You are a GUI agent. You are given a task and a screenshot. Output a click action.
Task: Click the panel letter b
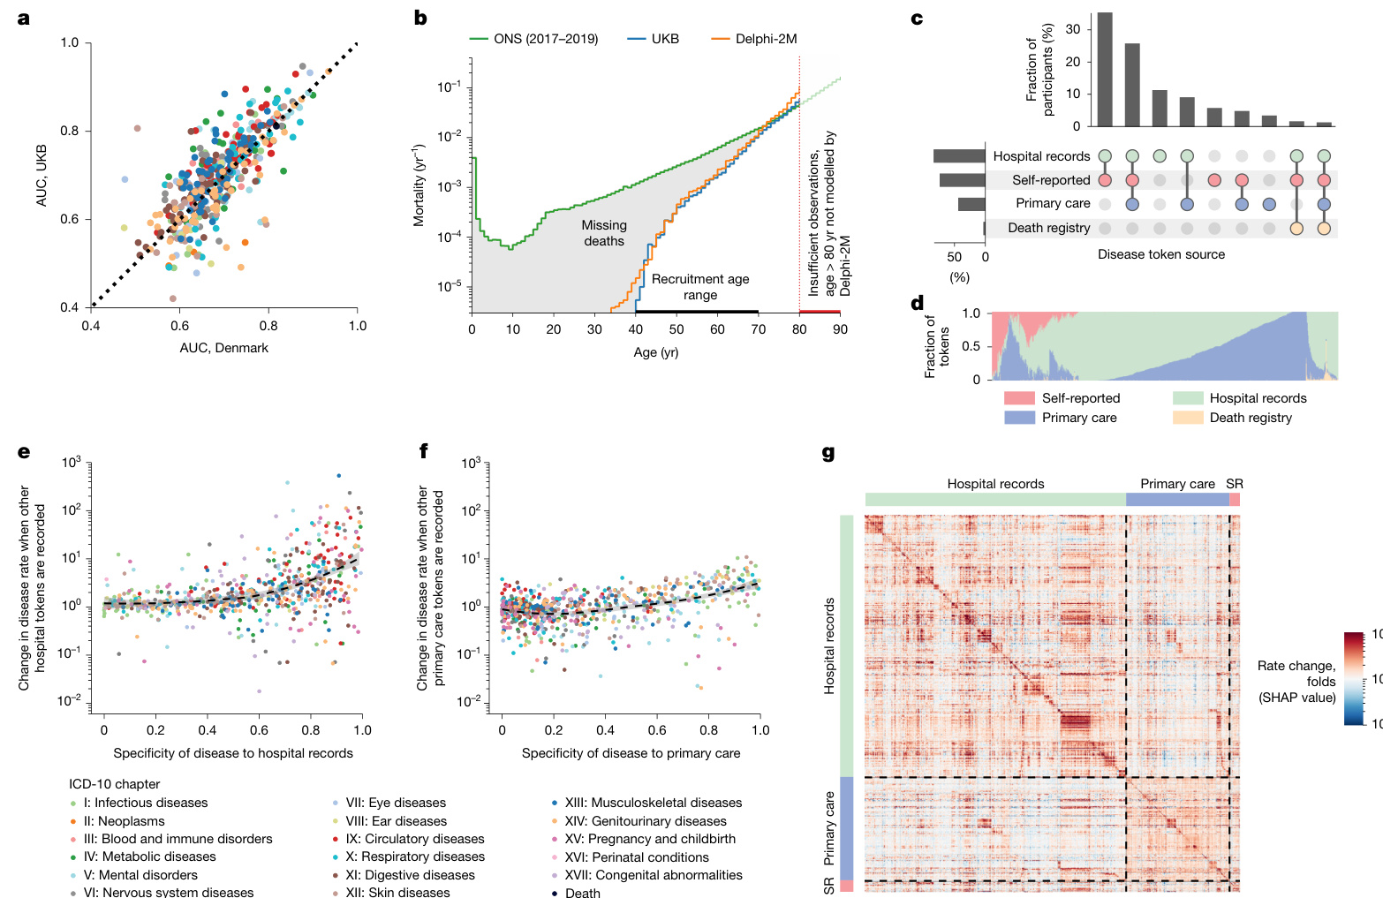(420, 18)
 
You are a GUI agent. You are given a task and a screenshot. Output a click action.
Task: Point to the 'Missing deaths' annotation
(604, 233)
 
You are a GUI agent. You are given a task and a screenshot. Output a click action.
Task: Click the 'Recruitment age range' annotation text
(700, 287)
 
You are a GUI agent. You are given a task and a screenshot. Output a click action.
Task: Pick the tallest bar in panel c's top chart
(1104, 71)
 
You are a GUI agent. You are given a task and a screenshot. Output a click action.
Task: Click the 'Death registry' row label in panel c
(1048, 228)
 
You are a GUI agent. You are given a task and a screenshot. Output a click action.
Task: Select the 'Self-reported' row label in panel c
(1051, 180)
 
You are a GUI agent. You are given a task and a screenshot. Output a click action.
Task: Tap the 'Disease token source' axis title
(1161, 254)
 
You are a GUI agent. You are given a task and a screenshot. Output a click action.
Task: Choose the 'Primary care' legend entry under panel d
(1078, 418)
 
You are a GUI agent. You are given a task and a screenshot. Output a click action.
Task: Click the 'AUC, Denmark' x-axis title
(223, 348)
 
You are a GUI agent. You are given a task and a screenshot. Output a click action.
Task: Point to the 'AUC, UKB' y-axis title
(42, 176)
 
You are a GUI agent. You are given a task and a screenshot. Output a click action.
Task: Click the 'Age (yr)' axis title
(655, 352)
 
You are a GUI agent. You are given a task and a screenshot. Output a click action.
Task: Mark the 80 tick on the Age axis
(799, 329)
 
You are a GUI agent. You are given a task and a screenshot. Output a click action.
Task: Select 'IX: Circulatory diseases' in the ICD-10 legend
(414, 839)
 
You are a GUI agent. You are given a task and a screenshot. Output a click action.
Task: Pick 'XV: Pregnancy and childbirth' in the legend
(649, 839)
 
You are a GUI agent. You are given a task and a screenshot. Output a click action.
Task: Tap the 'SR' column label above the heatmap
(1235, 484)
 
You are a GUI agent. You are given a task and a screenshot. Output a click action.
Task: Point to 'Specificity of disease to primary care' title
(631, 753)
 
